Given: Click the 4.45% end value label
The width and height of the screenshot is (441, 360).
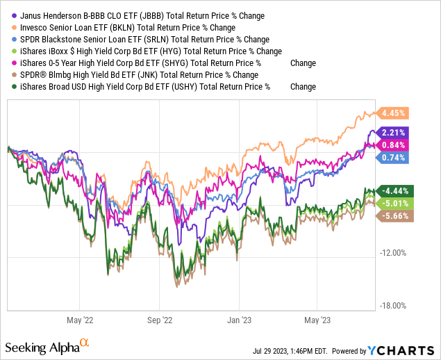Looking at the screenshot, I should pos(394,113).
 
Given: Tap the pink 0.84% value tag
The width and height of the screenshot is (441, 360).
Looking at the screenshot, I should pos(394,145).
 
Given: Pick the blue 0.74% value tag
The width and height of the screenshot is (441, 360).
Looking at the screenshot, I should pos(394,158).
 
